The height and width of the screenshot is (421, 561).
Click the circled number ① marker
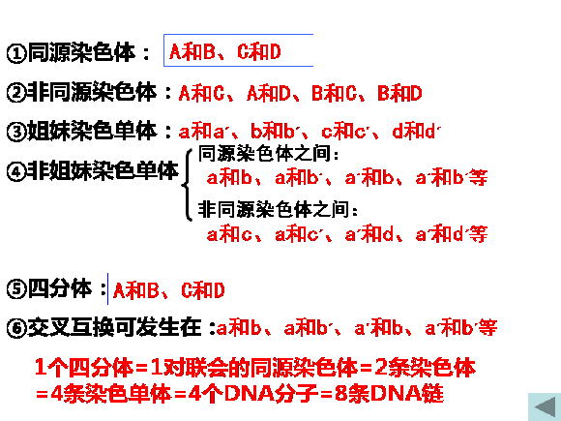[x=16, y=53]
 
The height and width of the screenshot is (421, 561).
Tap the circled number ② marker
[x=16, y=92]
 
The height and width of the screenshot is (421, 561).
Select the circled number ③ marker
[x=16, y=132]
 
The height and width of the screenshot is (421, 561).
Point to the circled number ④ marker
[x=16, y=171]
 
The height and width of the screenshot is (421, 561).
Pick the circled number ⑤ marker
[x=16, y=289]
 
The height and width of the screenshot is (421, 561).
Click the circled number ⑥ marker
[x=16, y=327]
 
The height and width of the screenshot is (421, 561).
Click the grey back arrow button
[x=545, y=407]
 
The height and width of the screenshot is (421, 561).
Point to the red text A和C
[x=201, y=93]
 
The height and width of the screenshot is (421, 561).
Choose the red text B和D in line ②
[x=400, y=93]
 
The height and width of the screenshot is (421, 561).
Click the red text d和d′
[x=417, y=131]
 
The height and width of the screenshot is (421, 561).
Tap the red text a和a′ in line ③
[x=202, y=131]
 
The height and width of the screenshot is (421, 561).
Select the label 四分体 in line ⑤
[x=60, y=288]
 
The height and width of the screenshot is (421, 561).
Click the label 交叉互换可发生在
[x=114, y=327]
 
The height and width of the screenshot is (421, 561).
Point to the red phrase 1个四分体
[x=84, y=368]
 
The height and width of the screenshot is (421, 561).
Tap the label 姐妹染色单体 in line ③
[x=92, y=131]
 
